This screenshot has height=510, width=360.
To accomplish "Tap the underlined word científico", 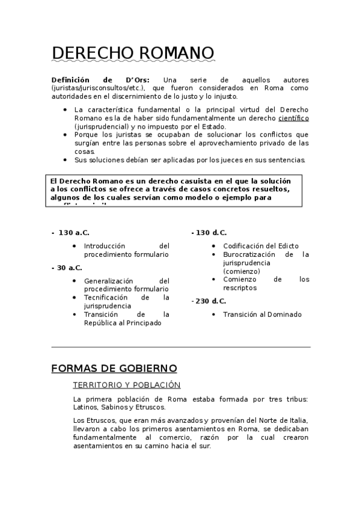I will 293,118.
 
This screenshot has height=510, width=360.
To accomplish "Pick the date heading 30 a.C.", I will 70,268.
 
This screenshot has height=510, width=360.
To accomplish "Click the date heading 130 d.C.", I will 212,232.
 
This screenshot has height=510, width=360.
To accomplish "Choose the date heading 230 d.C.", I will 212,301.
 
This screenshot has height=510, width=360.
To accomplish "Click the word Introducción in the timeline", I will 105,246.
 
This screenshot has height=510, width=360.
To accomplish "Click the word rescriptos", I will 240,288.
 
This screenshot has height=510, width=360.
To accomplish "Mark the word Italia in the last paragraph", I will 296,420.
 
